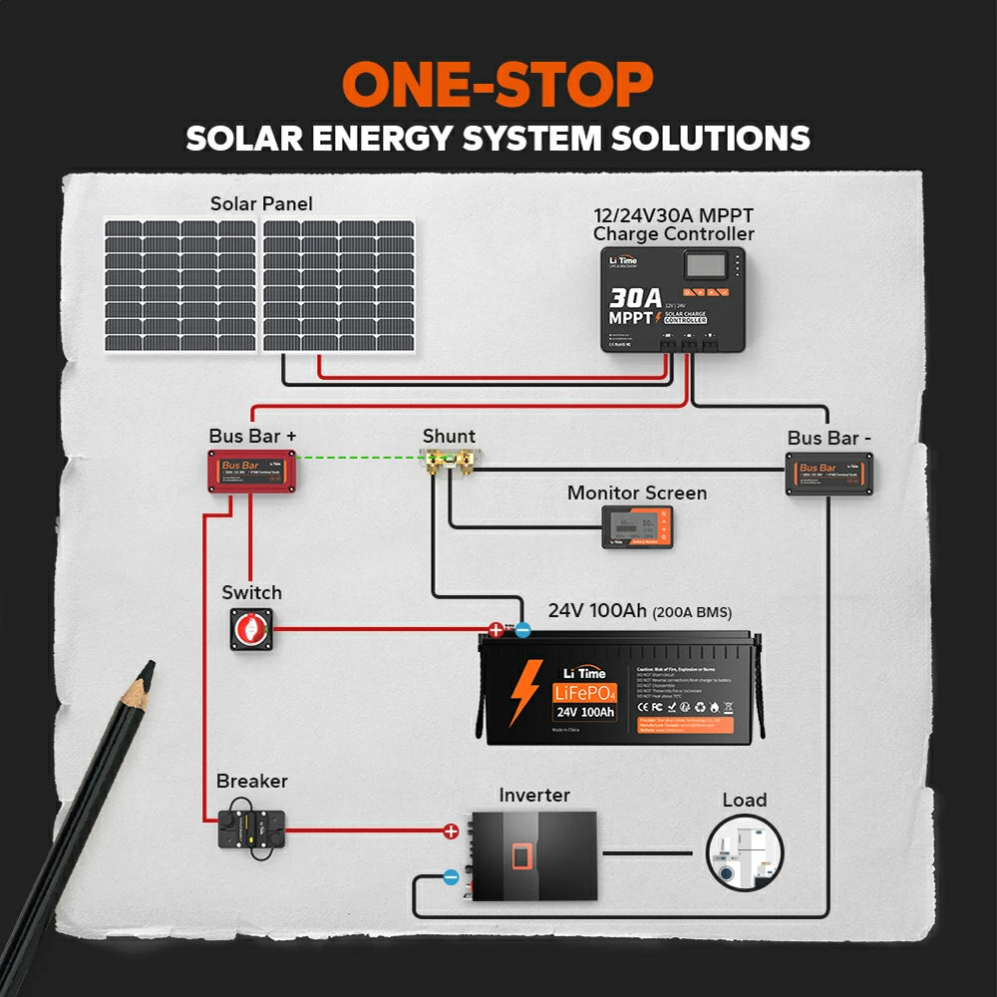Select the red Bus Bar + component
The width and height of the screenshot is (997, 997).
(x=253, y=471)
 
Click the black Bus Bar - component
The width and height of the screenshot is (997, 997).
(x=830, y=474)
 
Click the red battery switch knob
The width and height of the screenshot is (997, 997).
(x=251, y=628)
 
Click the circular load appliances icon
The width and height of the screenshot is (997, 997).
(x=745, y=852)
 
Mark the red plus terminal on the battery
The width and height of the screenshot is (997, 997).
(x=496, y=629)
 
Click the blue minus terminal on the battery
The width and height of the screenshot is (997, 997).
(x=522, y=629)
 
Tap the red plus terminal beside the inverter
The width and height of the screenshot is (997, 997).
(x=451, y=831)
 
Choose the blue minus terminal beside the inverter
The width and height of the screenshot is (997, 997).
(x=451, y=878)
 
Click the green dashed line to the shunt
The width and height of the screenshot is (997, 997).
(x=359, y=459)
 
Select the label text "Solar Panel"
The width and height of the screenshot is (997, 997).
(x=261, y=204)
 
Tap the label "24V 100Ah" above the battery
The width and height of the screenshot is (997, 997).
(x=595, y=610)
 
